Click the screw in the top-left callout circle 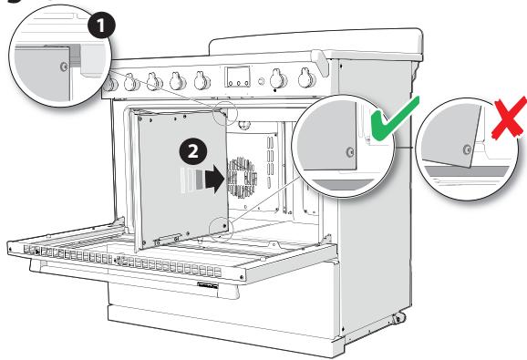click(61, 66)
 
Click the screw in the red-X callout click(467, 148)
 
